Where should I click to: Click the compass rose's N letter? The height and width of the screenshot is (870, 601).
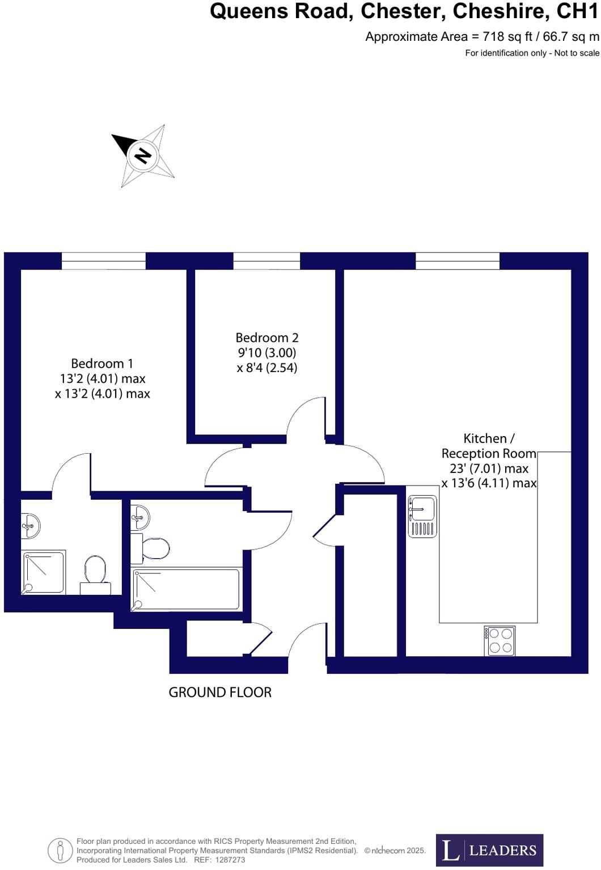142,155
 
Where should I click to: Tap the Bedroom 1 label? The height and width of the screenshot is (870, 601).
102,364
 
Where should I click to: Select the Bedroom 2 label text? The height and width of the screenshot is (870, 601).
266,338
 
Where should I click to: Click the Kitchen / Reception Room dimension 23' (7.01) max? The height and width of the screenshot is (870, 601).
485,468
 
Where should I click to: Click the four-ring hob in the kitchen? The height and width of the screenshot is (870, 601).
500,641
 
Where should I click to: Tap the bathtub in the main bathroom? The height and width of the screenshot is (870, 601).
185,589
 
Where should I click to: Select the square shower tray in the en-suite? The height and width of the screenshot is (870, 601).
44,573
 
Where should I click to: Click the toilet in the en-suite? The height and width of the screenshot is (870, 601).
95,569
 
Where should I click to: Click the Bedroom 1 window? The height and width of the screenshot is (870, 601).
103,261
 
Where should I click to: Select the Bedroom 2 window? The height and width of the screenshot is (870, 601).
266,261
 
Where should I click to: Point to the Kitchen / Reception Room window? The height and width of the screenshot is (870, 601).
457,261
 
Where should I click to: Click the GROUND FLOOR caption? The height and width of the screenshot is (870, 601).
220,692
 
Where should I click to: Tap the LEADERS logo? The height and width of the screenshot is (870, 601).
489,850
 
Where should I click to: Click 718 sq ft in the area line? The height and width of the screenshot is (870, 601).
507,37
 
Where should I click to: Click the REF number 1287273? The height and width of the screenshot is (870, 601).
227,860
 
